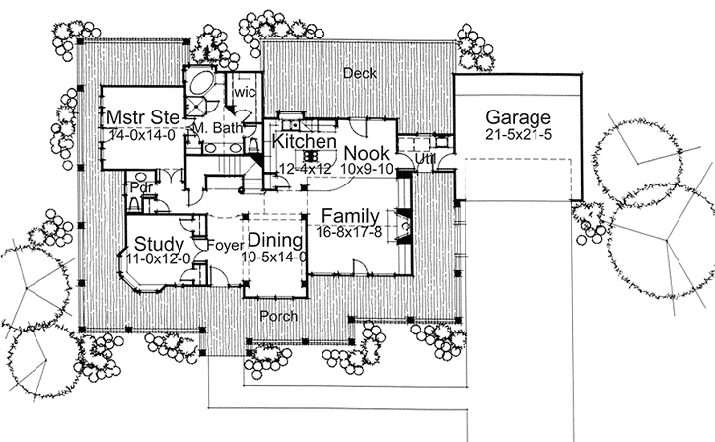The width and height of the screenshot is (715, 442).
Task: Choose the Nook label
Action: pyautogui.click(x=366, y=154)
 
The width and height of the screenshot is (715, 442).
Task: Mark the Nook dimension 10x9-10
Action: pyautogui.click(x=366, y=169)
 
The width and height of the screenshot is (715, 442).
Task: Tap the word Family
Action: pyautogui.click(x=351, y=214)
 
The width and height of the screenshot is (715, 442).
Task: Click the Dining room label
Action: pyautogui.click(x=276, y=240)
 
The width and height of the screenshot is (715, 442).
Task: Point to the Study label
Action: pyautogui.click(x=156, y=243)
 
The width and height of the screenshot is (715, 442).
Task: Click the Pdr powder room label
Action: pyautogui.click(x=137, y=185)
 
